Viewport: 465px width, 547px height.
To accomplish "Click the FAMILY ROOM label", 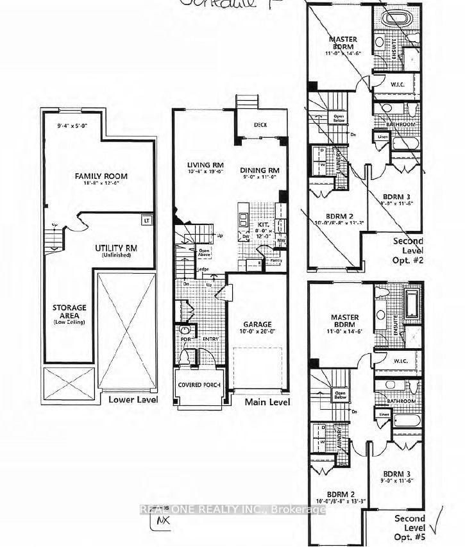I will click(101, 176).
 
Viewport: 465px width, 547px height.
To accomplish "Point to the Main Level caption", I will click(267, 402).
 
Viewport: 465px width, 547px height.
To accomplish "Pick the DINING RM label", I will click(260, 170).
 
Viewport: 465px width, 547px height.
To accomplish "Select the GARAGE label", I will click(257, 324).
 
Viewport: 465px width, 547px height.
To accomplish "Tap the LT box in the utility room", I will click(147, 220).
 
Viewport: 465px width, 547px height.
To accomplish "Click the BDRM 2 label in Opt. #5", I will click(339, 494).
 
